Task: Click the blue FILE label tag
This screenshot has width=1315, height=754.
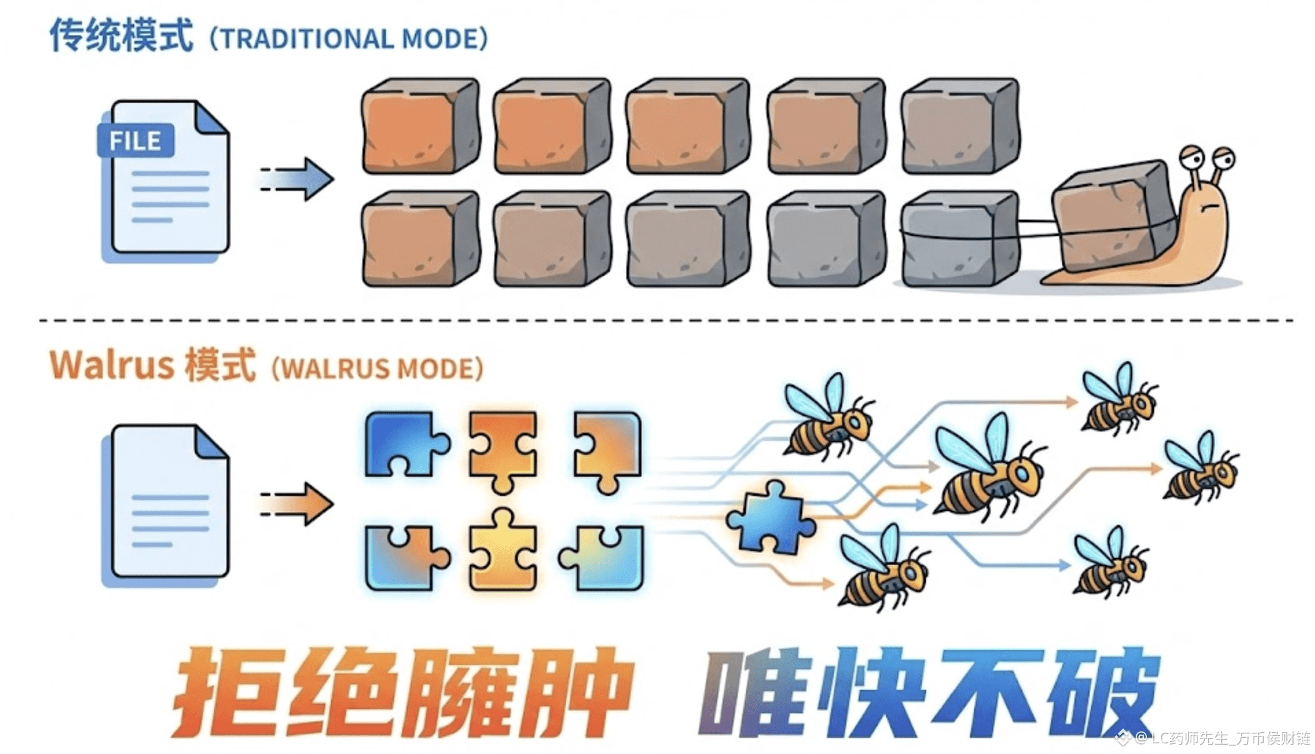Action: coord(135,141)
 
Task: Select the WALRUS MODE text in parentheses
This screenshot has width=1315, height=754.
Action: coord(378,369)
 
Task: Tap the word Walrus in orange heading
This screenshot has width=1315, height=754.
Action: coord(111,365)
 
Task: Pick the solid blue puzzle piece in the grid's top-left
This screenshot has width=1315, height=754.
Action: coord(403,443)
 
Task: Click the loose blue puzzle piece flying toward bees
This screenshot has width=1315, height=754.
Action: coord(770,518)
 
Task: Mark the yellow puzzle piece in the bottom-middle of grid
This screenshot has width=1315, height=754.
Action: coord(502,550)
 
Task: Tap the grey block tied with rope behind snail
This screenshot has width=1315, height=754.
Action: coord(959,238)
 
